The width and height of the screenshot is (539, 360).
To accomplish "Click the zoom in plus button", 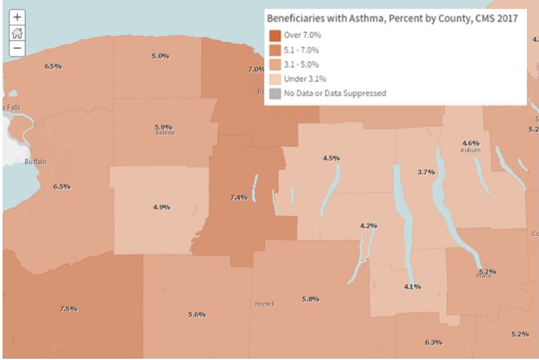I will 17,17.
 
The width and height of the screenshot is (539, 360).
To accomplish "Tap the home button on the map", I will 17,33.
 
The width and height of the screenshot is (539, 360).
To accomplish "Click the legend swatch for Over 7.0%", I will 275,36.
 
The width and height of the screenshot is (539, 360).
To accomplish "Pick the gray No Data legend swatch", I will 275,93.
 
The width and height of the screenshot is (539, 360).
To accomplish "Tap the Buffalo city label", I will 35,162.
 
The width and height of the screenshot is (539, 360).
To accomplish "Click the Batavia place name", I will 164,134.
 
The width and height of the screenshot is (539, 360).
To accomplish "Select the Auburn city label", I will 470,151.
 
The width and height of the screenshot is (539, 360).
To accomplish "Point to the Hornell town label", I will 264,304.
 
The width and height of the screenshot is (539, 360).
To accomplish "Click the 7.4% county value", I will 239,198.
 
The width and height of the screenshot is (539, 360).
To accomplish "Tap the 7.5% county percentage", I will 69,309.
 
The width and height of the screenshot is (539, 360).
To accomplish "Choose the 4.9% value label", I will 161,207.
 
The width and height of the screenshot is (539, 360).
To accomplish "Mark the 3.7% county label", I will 426,172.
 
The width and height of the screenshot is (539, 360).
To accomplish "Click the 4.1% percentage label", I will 412,287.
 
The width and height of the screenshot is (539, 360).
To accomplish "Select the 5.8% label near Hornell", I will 311,299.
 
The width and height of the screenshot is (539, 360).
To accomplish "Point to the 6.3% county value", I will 433,343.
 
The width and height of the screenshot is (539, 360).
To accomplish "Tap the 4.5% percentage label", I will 331,158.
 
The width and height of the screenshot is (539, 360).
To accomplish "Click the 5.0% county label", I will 160,57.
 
